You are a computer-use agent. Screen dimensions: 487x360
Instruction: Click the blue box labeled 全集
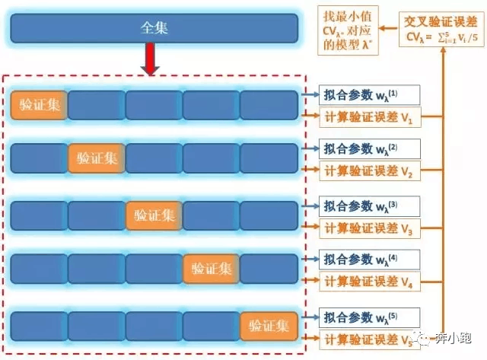click(x=154, y=28)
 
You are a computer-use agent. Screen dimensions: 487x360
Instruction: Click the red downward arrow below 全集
click(x=151, y=59)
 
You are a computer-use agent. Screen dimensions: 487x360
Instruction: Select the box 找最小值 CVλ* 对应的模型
click(x=348, y=30)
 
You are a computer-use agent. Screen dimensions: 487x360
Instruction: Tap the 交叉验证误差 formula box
click(x=441, y=29)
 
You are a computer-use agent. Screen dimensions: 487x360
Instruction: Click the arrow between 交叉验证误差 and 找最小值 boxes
click(x=389, y=28)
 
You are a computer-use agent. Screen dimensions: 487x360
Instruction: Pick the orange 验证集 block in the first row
click(x=39, y=105)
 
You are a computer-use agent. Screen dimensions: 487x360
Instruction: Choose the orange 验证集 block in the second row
click(x=97, y=158)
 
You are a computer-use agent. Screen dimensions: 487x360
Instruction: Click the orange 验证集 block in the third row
click(x=154, y=215)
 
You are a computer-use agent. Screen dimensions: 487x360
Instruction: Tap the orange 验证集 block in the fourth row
click(x=212, y=269)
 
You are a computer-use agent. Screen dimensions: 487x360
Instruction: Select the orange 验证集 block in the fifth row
click(x=269, y=327)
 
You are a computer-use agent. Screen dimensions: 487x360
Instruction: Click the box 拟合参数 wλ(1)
click(x=369, y=94)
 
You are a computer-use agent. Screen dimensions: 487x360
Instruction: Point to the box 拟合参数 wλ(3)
click(x=369, y=206)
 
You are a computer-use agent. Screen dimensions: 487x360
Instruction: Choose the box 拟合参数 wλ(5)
click(x=369, y=317)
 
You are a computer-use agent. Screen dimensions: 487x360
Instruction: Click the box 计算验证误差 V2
click(x=370, y=170)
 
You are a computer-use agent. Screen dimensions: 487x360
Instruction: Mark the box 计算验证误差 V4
click(x=370, y=282)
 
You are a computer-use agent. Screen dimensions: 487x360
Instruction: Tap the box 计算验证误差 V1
click(x=370, y=117)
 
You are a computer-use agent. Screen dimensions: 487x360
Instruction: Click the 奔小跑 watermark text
click(x=454, y=338)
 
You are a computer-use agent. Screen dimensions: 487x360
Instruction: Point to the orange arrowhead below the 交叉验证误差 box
click(x=443, y=50)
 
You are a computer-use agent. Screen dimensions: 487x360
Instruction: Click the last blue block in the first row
click(x=269, y=105)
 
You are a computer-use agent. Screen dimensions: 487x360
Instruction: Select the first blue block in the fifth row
click(x=39, y=327)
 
